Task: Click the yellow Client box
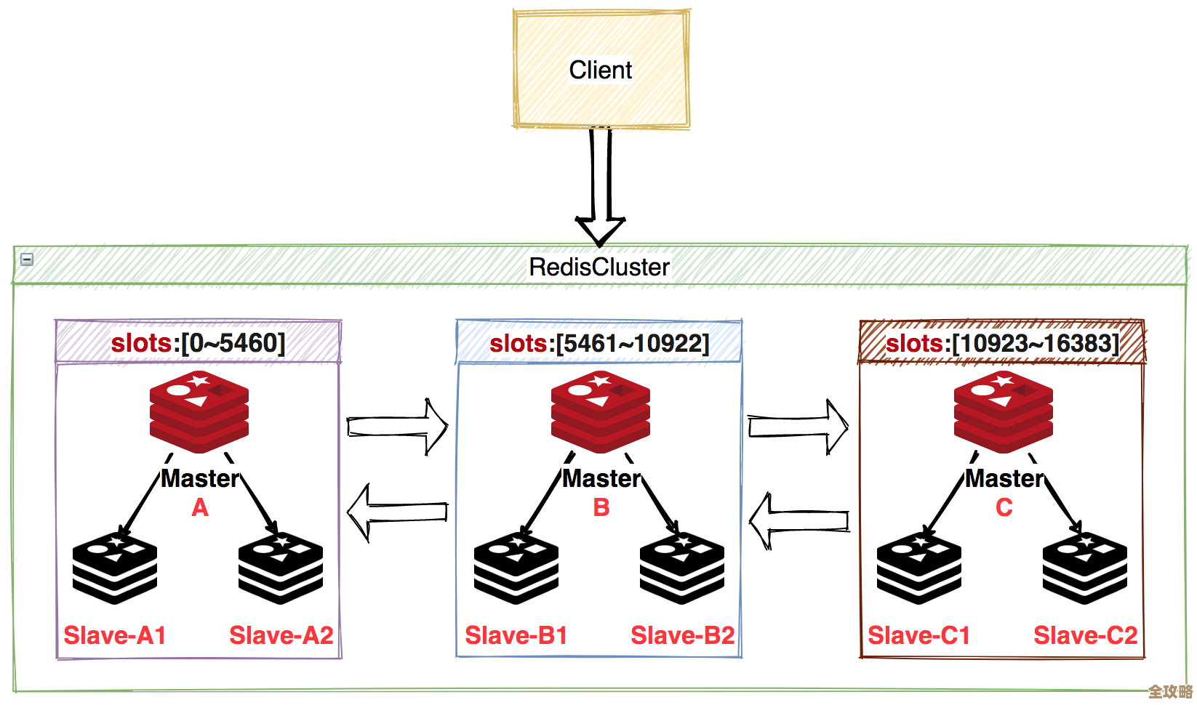click(x=601, y=70)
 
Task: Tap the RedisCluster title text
click(x=598, y=267)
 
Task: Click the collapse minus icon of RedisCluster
click(x=27, y=259)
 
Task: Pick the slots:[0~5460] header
click(x=198, y=342)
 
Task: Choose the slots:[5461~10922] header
click(x=599, y=342)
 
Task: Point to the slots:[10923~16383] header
click(x=1002, y=342)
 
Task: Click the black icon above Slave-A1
click(x=115, y=568)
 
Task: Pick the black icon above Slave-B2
click(x=682, y=568)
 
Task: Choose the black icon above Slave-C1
click(x=919, y=568)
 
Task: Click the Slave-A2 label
click(x=281, y=635)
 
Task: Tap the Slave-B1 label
click(x=516, y=635)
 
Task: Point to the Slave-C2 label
click(x=1086, y=635)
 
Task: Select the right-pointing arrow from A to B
click(x=397, y=426)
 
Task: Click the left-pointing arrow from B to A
click(x=397, y=512)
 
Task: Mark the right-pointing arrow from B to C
click(x=798, y=427)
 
